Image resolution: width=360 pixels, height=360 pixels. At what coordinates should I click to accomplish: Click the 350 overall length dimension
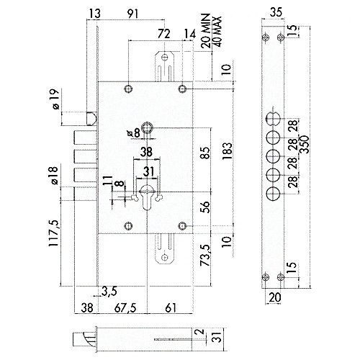point(305,145)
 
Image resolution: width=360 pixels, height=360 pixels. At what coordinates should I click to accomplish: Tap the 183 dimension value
point(228,152)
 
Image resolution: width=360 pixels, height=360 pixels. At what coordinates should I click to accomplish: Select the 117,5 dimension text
point(53,233)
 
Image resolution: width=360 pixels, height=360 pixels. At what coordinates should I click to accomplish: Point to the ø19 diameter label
point(55,99)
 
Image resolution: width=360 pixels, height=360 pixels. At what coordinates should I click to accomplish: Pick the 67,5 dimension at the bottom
point(125,308)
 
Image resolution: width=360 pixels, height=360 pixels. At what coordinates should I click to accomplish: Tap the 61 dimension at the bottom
point(171,308)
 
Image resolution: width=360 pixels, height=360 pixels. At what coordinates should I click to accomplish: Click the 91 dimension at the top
point(132,14)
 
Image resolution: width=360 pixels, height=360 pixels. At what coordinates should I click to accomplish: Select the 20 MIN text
point(206,31)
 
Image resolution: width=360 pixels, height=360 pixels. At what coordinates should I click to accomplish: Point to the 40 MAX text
point(217,32)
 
